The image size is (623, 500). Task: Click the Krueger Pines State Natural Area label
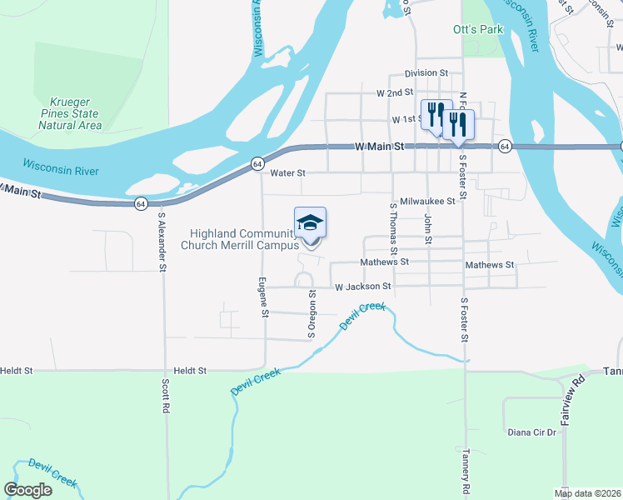(70, 113)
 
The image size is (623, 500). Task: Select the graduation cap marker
(310, 224)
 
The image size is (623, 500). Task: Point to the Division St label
(426, 73)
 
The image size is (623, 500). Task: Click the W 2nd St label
(395, 92)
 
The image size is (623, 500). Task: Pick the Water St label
(289, 173)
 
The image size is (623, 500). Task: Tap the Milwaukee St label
(427, 202)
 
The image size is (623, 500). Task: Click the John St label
(428, 229)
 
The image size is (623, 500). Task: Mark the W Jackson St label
(363, 287)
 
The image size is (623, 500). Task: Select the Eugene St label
(262, 297)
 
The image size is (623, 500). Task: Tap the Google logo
(28, 490)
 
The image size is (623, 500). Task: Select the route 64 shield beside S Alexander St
(140, 203)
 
